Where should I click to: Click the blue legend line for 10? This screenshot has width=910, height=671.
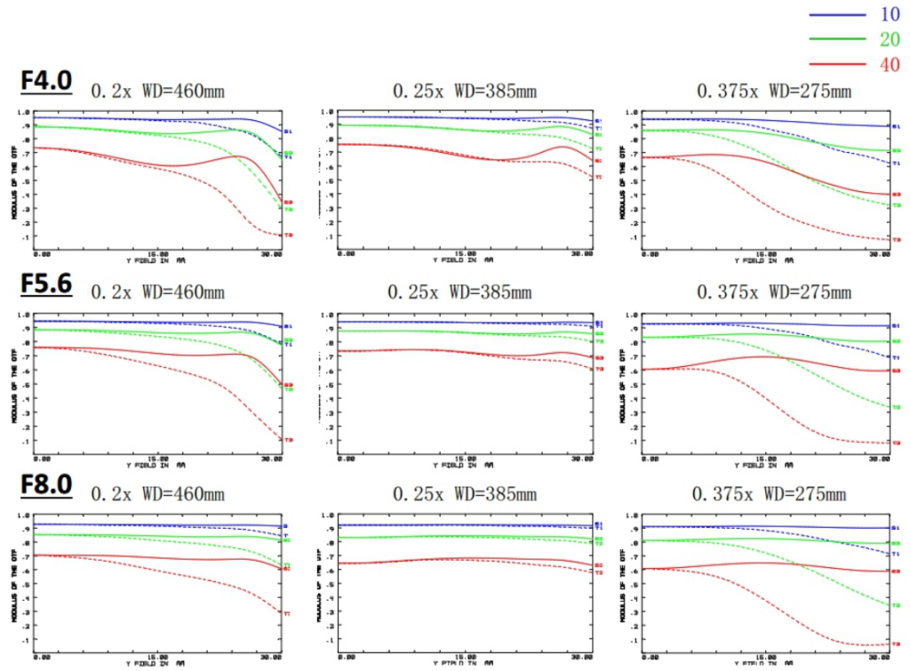(837, 15)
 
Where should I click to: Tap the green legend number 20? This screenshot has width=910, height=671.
(889, 39)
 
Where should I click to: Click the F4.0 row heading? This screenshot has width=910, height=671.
(46, 81)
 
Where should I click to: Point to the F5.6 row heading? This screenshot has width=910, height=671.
(46, 284)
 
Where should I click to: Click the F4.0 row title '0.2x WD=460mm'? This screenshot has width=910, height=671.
(158, 91)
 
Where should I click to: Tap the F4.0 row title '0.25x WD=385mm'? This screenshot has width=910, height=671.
(465, 91)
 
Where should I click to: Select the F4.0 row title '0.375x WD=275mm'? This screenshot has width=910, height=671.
(774, 91)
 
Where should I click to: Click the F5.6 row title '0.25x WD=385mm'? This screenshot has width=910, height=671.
(459, 292)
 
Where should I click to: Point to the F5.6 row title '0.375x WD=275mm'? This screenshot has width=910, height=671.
(774, 292)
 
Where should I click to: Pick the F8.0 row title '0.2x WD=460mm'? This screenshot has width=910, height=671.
(158, 494)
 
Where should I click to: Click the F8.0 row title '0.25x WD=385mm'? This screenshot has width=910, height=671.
(459, 494)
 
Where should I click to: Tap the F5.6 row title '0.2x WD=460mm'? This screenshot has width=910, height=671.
(158, 292)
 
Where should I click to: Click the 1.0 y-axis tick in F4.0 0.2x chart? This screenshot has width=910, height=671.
(24, 113)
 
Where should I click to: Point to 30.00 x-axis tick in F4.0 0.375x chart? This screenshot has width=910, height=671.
(880, 255)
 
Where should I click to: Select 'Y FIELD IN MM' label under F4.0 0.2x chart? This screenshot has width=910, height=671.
(156, 261)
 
